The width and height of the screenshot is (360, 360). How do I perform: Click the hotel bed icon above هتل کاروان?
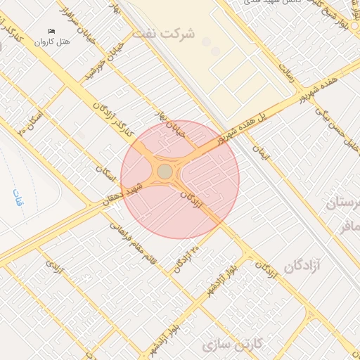click(51, 31)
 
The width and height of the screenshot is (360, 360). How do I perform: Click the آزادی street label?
click(55, 268)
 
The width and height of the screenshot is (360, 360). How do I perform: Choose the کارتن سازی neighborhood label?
click(231, 345)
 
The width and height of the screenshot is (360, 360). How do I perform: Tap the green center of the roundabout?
click(165, 172)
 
